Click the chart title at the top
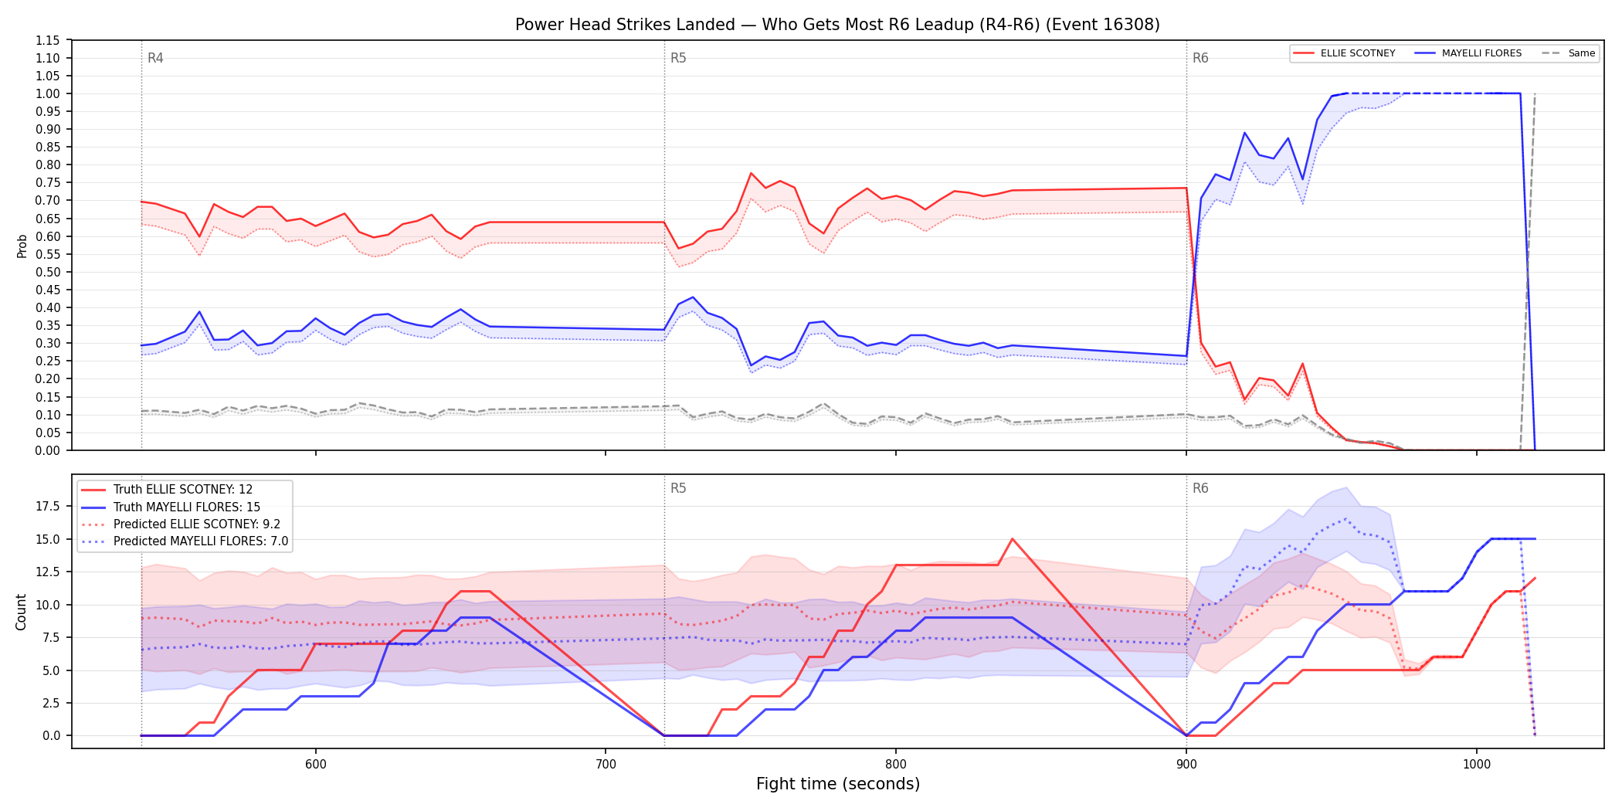[x=837, y=25]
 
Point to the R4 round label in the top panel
[x=155, y=58]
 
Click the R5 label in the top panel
[x=678, y=58]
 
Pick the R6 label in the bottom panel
[x=1200, y=488]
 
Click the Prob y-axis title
[x=22, y=246]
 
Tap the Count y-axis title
[x=21, y=612]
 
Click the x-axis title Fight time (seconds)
[x=838, y=784]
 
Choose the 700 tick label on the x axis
[x=606, y=765]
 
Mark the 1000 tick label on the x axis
[x=1477, y=765]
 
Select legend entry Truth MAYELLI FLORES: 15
[x=187, y=507]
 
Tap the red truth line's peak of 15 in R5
[x=1012, y=539]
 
